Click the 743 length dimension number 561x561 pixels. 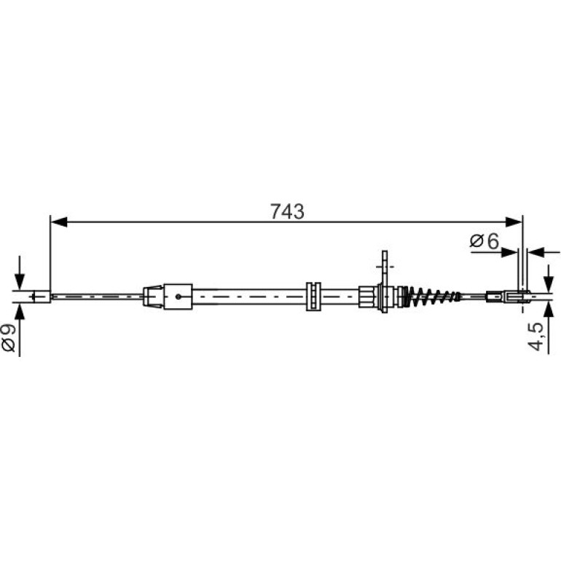pyautogui.click(x=287, y=211)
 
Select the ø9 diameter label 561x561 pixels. pyautogui.click(x=9, y=338)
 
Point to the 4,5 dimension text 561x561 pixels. pyautogui.click(x=535, y=336)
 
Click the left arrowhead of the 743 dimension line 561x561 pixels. pyautogui.click(x=59, y=221)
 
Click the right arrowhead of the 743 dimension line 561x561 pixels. pyautogui.click(x=514, y=221)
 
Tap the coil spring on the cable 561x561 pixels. pyautogui.click(x=432, y=297)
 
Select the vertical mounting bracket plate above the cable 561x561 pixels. pyautogui.click(x=385, y=282)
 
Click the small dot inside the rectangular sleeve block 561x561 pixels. pyautogui.click(x=178, y=297)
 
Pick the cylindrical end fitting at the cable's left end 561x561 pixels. pyautogui.click(x=42, y=297)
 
